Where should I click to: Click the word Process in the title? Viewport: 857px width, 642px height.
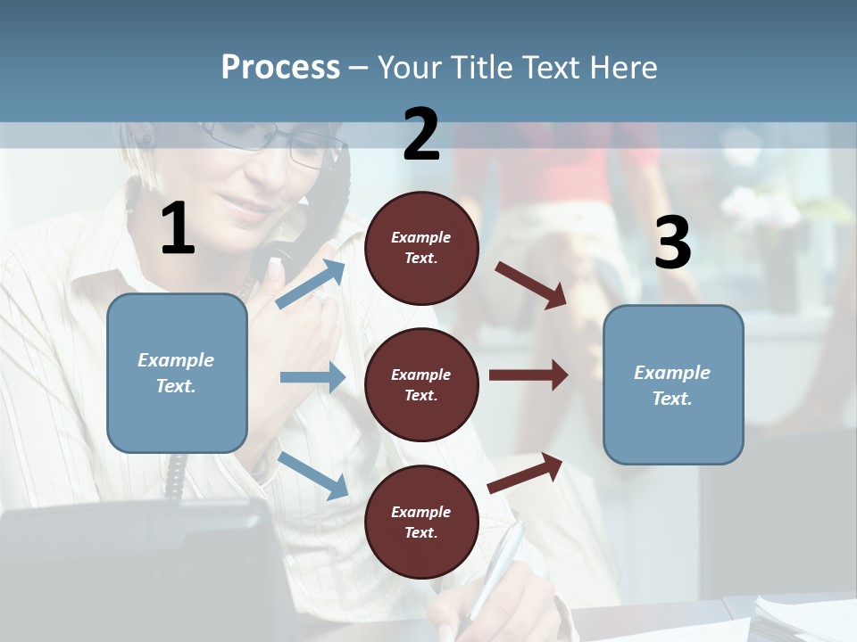[280, 68]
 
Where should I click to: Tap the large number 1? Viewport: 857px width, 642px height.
[178, 229]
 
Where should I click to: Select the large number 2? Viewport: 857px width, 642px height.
[421, 135]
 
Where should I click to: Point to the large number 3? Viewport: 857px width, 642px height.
[672, 243]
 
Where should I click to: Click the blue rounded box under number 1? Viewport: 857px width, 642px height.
[177, 373]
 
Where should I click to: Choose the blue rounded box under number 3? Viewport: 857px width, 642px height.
[673, 384]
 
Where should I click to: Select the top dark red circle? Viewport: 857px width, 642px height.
[421, 248]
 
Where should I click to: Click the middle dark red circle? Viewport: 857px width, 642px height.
[421, 384]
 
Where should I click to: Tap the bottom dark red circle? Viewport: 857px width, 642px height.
[421, 522]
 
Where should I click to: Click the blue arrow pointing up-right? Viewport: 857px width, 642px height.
[311, 284]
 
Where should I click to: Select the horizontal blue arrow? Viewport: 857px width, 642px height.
[312, 377]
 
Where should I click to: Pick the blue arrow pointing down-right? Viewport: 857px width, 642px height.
[313, 474]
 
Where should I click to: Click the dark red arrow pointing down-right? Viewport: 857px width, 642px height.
[532, 284]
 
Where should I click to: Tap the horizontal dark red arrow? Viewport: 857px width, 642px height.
[528, 374]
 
